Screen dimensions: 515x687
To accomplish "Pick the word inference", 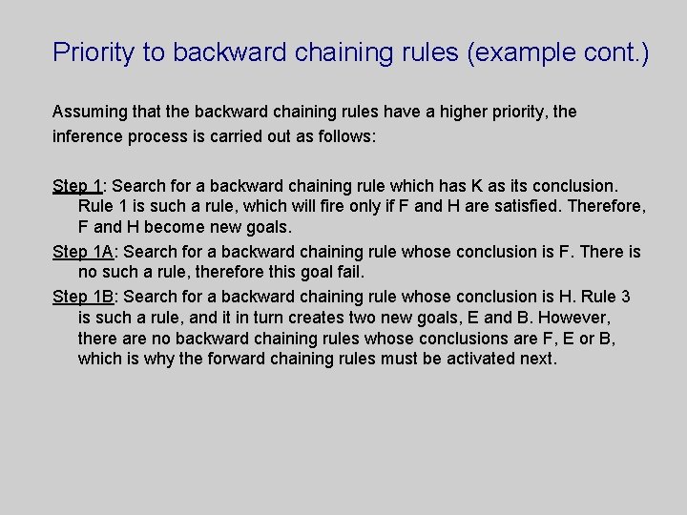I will [x=89, y=136].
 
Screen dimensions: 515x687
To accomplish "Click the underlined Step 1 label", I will [x=77, y=185].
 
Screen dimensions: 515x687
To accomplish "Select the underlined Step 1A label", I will [x=83, y=252].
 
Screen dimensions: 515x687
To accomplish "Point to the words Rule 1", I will [x=103, y=207].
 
